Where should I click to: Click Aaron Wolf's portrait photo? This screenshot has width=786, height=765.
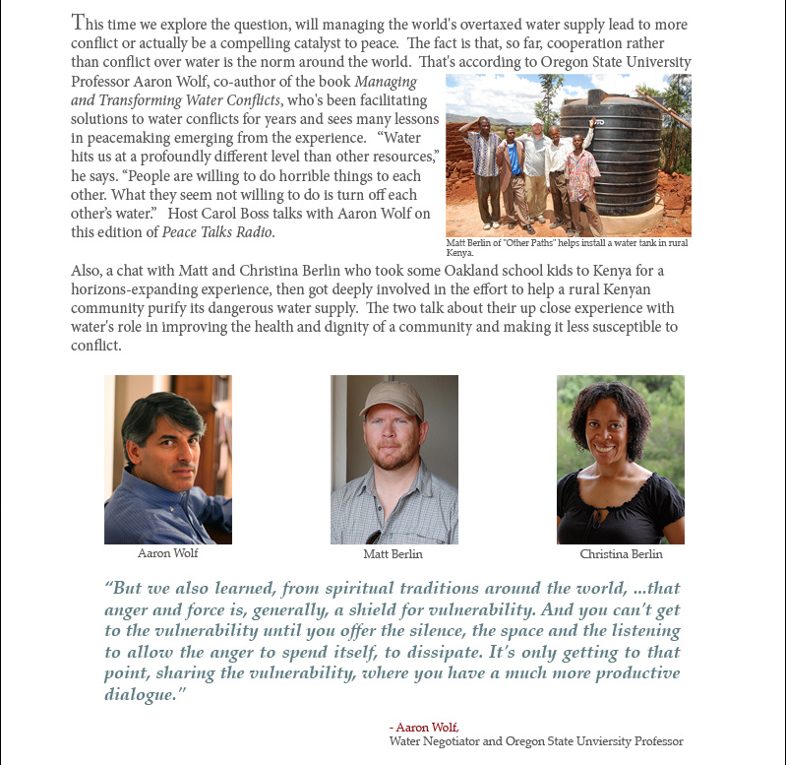(168, 459)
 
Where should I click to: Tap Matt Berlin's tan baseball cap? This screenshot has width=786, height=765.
(392, 399)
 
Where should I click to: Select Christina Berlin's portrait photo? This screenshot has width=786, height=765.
(620, 459)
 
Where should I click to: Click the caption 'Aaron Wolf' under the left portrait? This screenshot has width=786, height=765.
(168, 554)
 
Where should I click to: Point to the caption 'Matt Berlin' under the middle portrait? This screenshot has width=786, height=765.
(393, 554)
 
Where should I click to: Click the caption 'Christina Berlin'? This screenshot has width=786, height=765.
(621, 554)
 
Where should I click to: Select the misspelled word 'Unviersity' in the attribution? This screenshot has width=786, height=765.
(598, 741)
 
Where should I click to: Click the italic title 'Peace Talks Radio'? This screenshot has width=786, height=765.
(228, 232)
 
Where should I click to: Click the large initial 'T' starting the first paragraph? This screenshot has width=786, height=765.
(81, 23)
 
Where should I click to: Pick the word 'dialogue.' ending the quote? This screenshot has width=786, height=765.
(145, 695)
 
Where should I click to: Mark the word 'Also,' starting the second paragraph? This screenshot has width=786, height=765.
(89, 271)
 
